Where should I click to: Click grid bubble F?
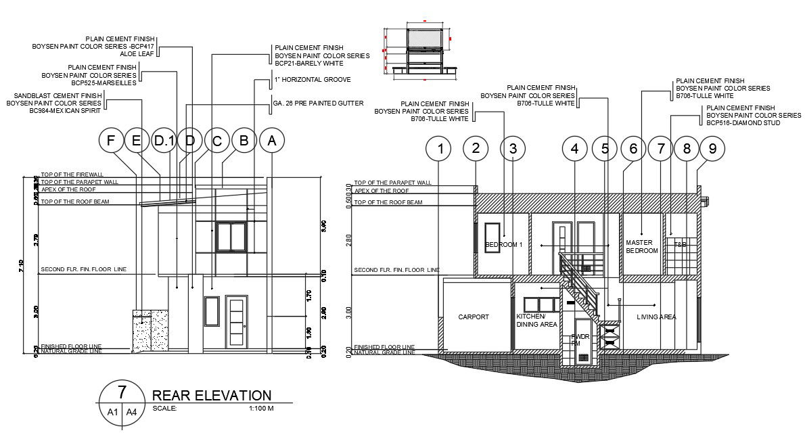pos(111,141)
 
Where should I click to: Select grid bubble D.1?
pos(163,141)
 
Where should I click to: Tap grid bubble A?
pos(272,141)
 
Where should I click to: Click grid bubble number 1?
pos(440,148)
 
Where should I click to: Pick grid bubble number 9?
pos(712,148)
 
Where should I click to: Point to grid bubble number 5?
pos(604,148)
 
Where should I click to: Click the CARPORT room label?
pos(473,317)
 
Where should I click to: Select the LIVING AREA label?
pos(656,317)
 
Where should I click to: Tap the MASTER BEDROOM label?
pos(641,246)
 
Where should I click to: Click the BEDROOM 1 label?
pos(504,244)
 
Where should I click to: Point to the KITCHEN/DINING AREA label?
pos(536,320)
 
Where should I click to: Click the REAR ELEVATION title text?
pos(212,396)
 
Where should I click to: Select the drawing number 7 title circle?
pos(122,392)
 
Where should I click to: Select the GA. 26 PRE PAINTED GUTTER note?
pos(318,103)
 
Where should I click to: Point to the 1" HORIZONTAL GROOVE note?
pos(312,80)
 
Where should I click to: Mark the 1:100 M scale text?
pos(260,409)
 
